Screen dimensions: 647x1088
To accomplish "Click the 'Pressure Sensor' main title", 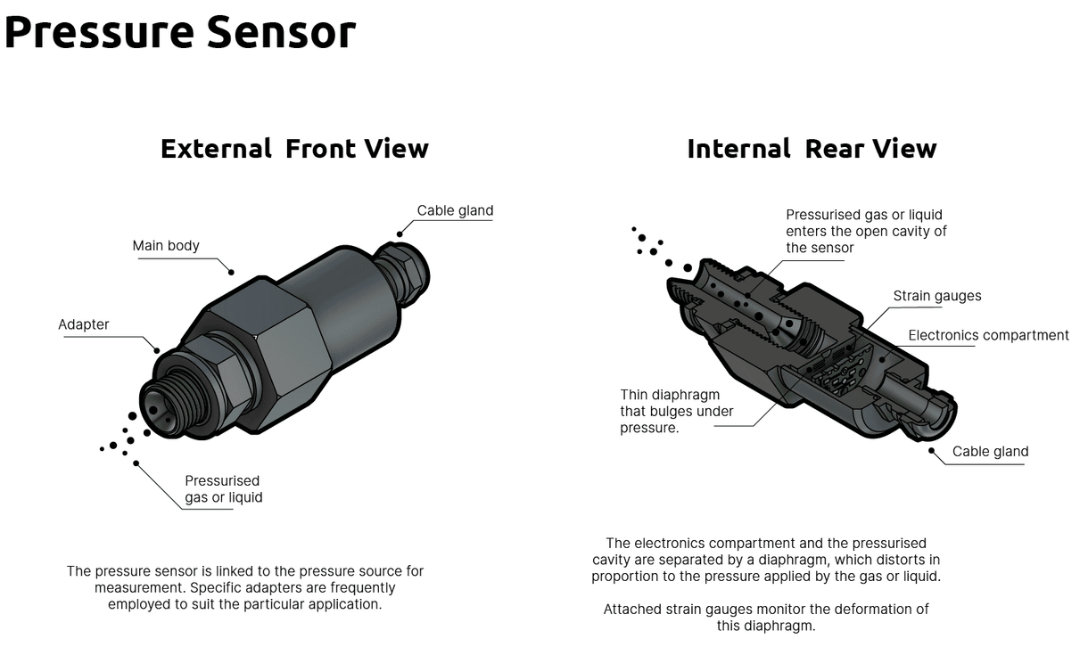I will tap(179, 31).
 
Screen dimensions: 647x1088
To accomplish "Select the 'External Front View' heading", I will tap(294, 148).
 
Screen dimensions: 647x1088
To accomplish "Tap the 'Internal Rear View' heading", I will tap(812, 148).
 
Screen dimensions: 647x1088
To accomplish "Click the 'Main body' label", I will tap(166, 246).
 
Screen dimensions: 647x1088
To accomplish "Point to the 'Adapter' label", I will tap(84, 324).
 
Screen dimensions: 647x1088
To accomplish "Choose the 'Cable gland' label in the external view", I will tap(455, 211).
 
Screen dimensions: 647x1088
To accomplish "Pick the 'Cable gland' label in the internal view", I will tap(990, 452).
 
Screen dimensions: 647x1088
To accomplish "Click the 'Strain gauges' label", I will tap(937, 296).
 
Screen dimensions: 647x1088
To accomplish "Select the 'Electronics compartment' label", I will tap(988, 336).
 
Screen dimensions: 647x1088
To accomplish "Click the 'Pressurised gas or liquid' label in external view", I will tap(223, 489).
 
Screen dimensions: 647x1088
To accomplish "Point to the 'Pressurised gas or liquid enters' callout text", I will tap(865, 231).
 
